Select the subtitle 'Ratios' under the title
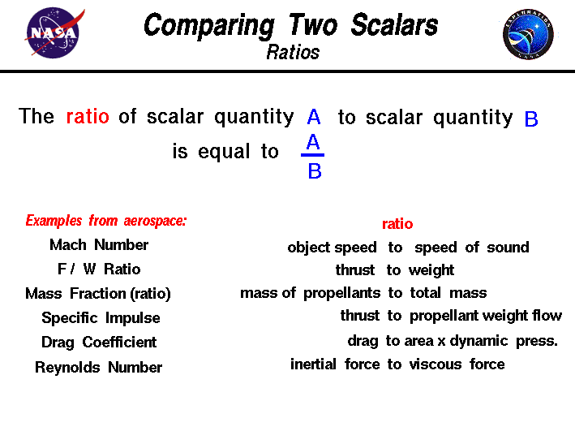pyautogui.click(x=293, y=53)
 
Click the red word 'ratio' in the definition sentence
pyautogui.click(x=88, y=117)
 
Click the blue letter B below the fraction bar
pyautogui.click(x=315, y=171)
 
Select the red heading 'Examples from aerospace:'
pyautogui.click(x=106, y=221)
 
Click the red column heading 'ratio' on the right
pyautogui.click(x=397, y=224)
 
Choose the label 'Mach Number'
pyautogui.click(x=99, y=245)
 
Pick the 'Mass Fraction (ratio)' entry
pyautogui.click(x=98, y=294)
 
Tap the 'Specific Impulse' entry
pyautogui.click(x=101, y=318)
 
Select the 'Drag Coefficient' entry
pyautogui.click(x=99, y=343)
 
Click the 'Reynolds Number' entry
pyautogui.click(x=98, y=368)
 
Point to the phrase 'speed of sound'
pyautogui.click(x=471, y=248)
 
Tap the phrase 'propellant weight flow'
pyautogui.click(x=485, y=316)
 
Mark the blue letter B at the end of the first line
pyautogui.click(x=531, y=120)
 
